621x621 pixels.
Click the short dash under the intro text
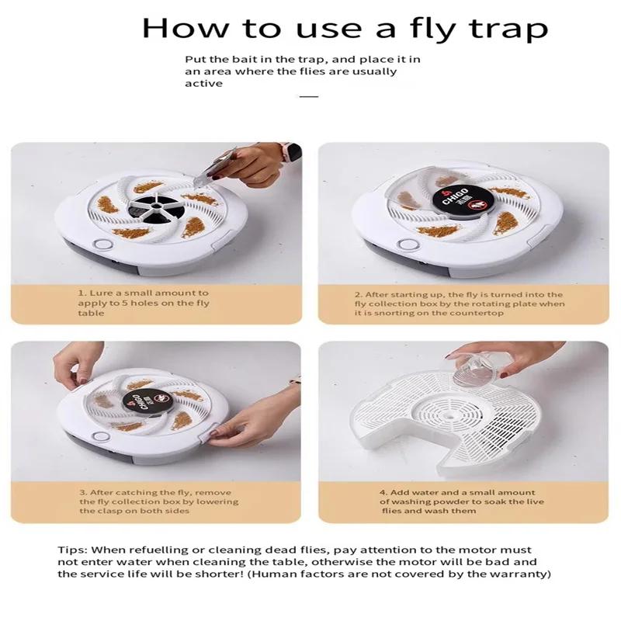(x=309, y=96)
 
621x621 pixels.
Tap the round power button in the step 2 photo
(x=409, y=245)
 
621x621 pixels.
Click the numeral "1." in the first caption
(x=82, y=293)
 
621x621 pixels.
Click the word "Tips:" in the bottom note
(x=72, y=550)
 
